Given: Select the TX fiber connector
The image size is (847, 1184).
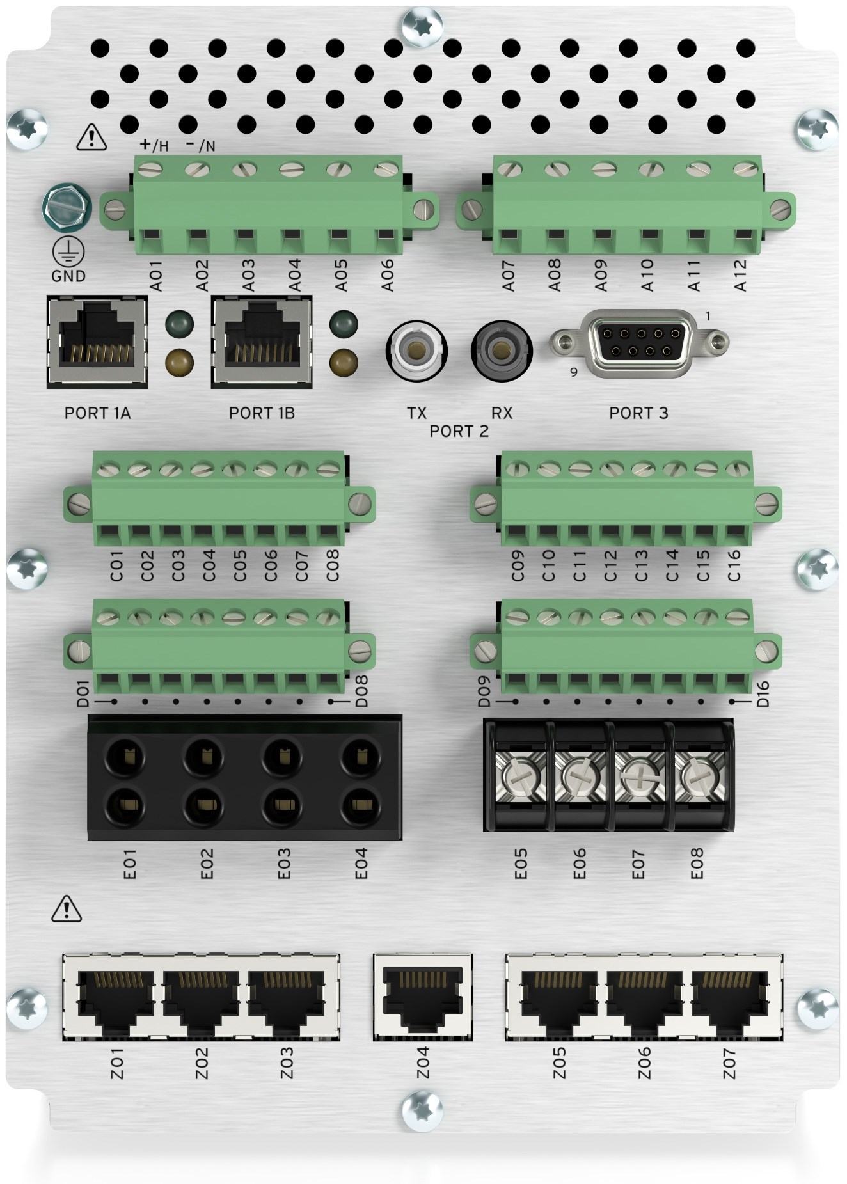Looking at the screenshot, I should point(416,350).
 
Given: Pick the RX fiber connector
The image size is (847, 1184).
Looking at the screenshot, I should point(502,350).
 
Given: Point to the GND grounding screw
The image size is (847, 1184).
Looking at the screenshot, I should point(67,207).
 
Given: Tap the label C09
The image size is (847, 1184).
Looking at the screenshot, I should point(518,566).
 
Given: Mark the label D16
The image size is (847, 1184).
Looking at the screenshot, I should point(763,694).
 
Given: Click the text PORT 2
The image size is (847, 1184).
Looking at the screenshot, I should point(459,431).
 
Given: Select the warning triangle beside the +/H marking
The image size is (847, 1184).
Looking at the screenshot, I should point(92,138).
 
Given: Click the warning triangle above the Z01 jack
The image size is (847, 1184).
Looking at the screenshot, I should point(66,908).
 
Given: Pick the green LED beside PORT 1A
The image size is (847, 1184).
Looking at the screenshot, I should point(178,324).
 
